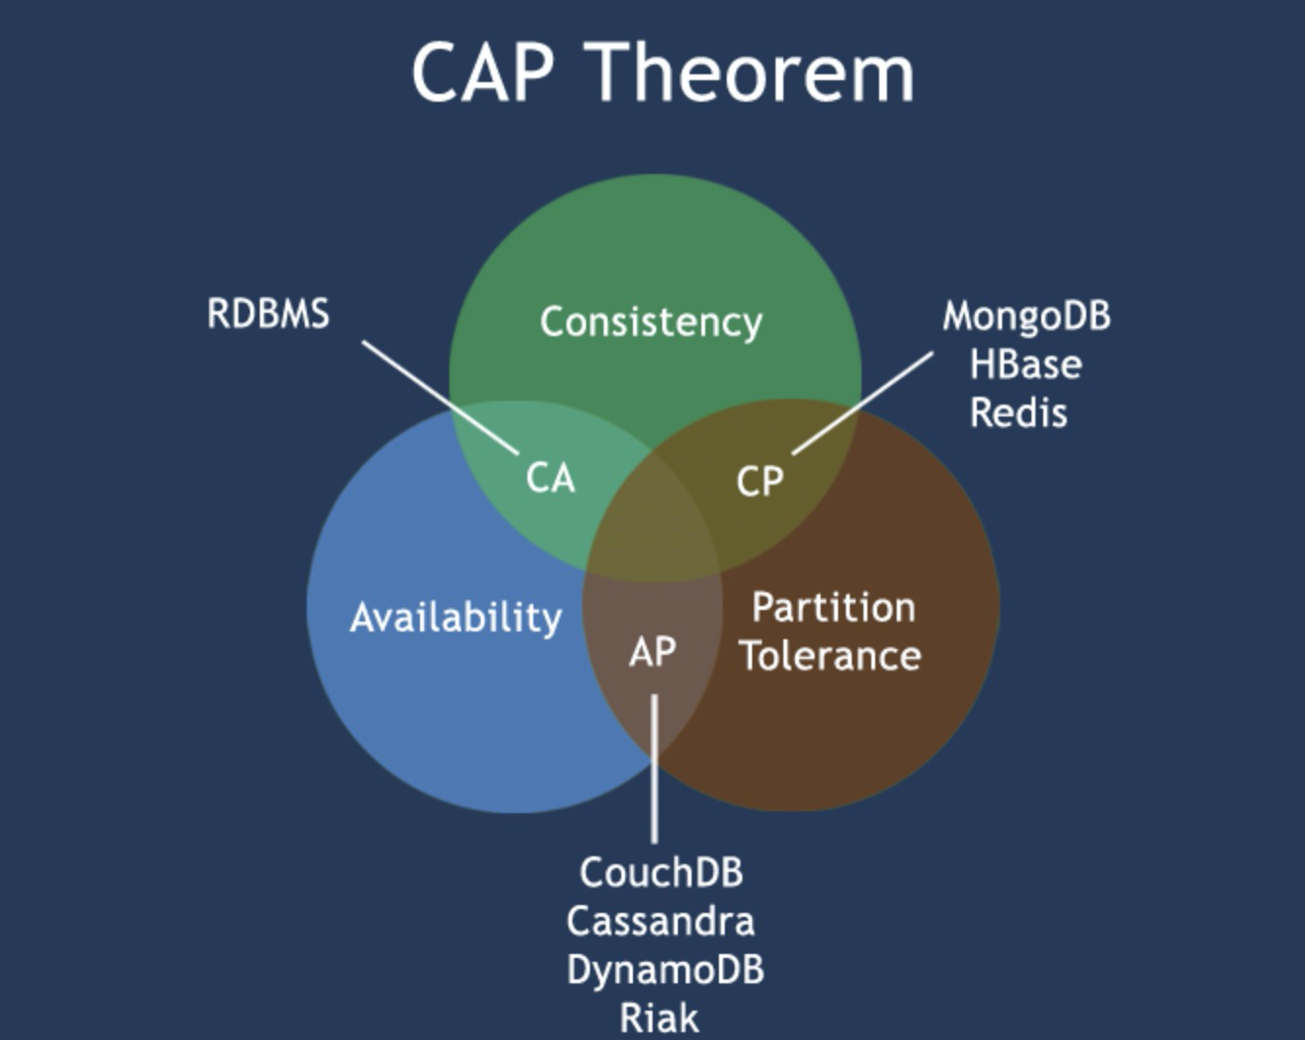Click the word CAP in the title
click(483, 72)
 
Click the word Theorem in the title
click(752, 72)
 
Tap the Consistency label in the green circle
click(651, 322)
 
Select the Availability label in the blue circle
click(455, 618)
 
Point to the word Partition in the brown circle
click(833, 608)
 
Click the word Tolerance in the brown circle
click(829, 655)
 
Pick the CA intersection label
click(550, 478)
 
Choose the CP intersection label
click(759, 481)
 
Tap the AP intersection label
click(652, 652)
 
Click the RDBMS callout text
click(269, 314)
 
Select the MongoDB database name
click(1026, 316)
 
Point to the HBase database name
click(1026, 365)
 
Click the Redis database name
click(1019, 412)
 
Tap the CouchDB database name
click(661, 872)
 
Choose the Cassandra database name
click(660, 921)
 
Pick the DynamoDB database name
click(665, 970)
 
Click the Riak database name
click(659, 1018)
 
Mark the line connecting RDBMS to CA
click(440, 397)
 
